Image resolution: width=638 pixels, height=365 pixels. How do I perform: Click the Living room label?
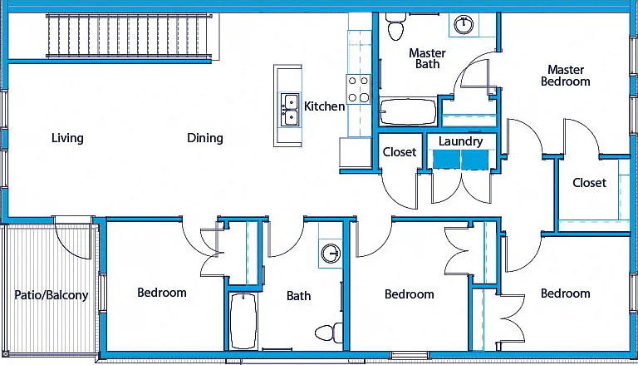67,138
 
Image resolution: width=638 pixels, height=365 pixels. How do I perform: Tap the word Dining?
205,139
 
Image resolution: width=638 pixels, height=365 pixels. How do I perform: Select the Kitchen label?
325,106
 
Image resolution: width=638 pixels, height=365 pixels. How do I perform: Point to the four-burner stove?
359,89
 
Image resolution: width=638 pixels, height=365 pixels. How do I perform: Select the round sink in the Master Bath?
464,24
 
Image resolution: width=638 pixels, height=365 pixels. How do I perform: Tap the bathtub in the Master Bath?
408,111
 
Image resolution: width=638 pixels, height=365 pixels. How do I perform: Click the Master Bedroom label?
565,76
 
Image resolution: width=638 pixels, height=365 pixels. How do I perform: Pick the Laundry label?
460,142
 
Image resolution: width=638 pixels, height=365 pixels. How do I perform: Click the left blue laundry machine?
446,159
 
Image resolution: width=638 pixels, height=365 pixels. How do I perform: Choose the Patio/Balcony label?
52,295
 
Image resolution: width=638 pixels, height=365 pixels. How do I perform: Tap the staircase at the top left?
130,36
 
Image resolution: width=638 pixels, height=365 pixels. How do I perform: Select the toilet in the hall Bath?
329,333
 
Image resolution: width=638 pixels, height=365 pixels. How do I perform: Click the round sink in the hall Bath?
331,254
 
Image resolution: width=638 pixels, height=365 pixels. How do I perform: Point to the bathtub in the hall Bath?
243,321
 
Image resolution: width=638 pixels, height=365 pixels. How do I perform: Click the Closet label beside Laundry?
400,152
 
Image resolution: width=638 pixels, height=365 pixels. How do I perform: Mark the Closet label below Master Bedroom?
590,183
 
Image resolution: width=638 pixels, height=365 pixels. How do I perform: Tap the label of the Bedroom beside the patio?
162,293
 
